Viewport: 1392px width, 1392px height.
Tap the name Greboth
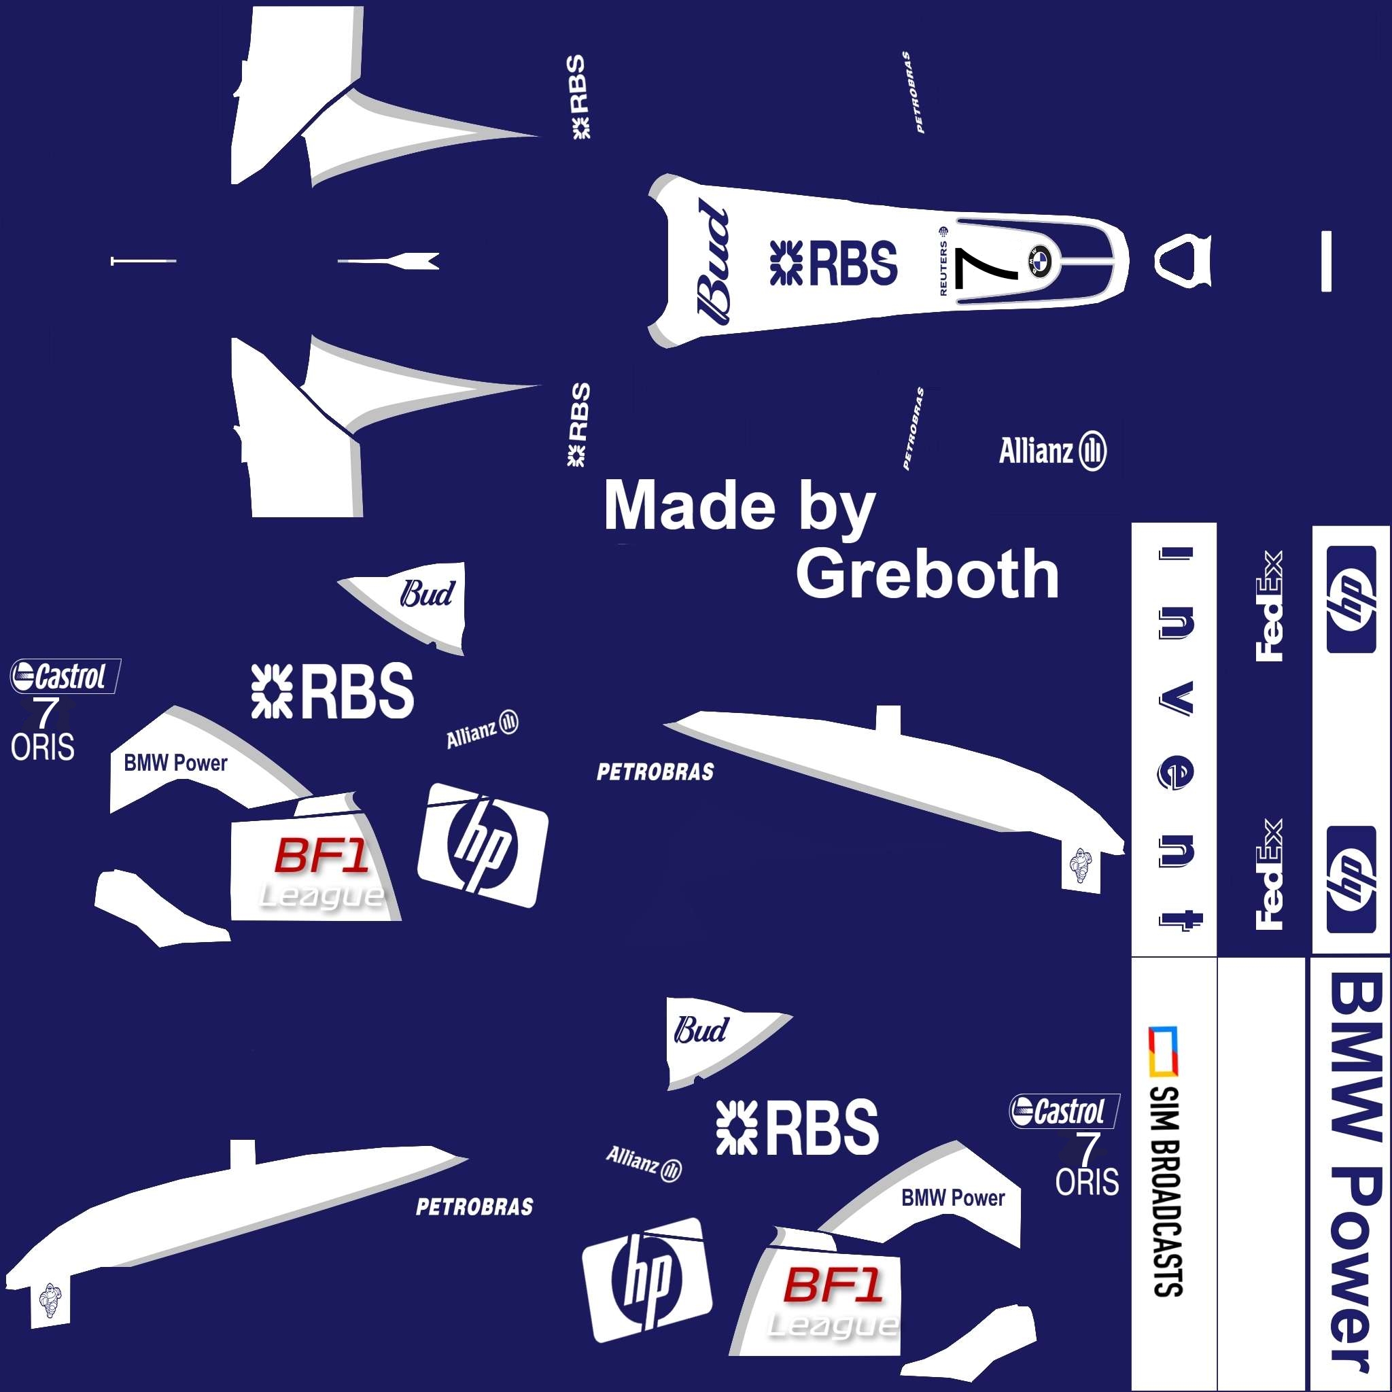(x=927, y=574)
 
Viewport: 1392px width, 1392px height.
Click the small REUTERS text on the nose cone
(x=943, y=262)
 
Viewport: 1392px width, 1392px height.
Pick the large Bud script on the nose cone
(x=713, y=260)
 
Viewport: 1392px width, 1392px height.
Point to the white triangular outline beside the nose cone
(x=1183, y=260)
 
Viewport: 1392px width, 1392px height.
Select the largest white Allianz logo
(x=1052, y=452)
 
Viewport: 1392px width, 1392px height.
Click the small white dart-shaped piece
(x=389, y=260)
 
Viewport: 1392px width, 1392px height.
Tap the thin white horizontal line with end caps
(x=143, y=260)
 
